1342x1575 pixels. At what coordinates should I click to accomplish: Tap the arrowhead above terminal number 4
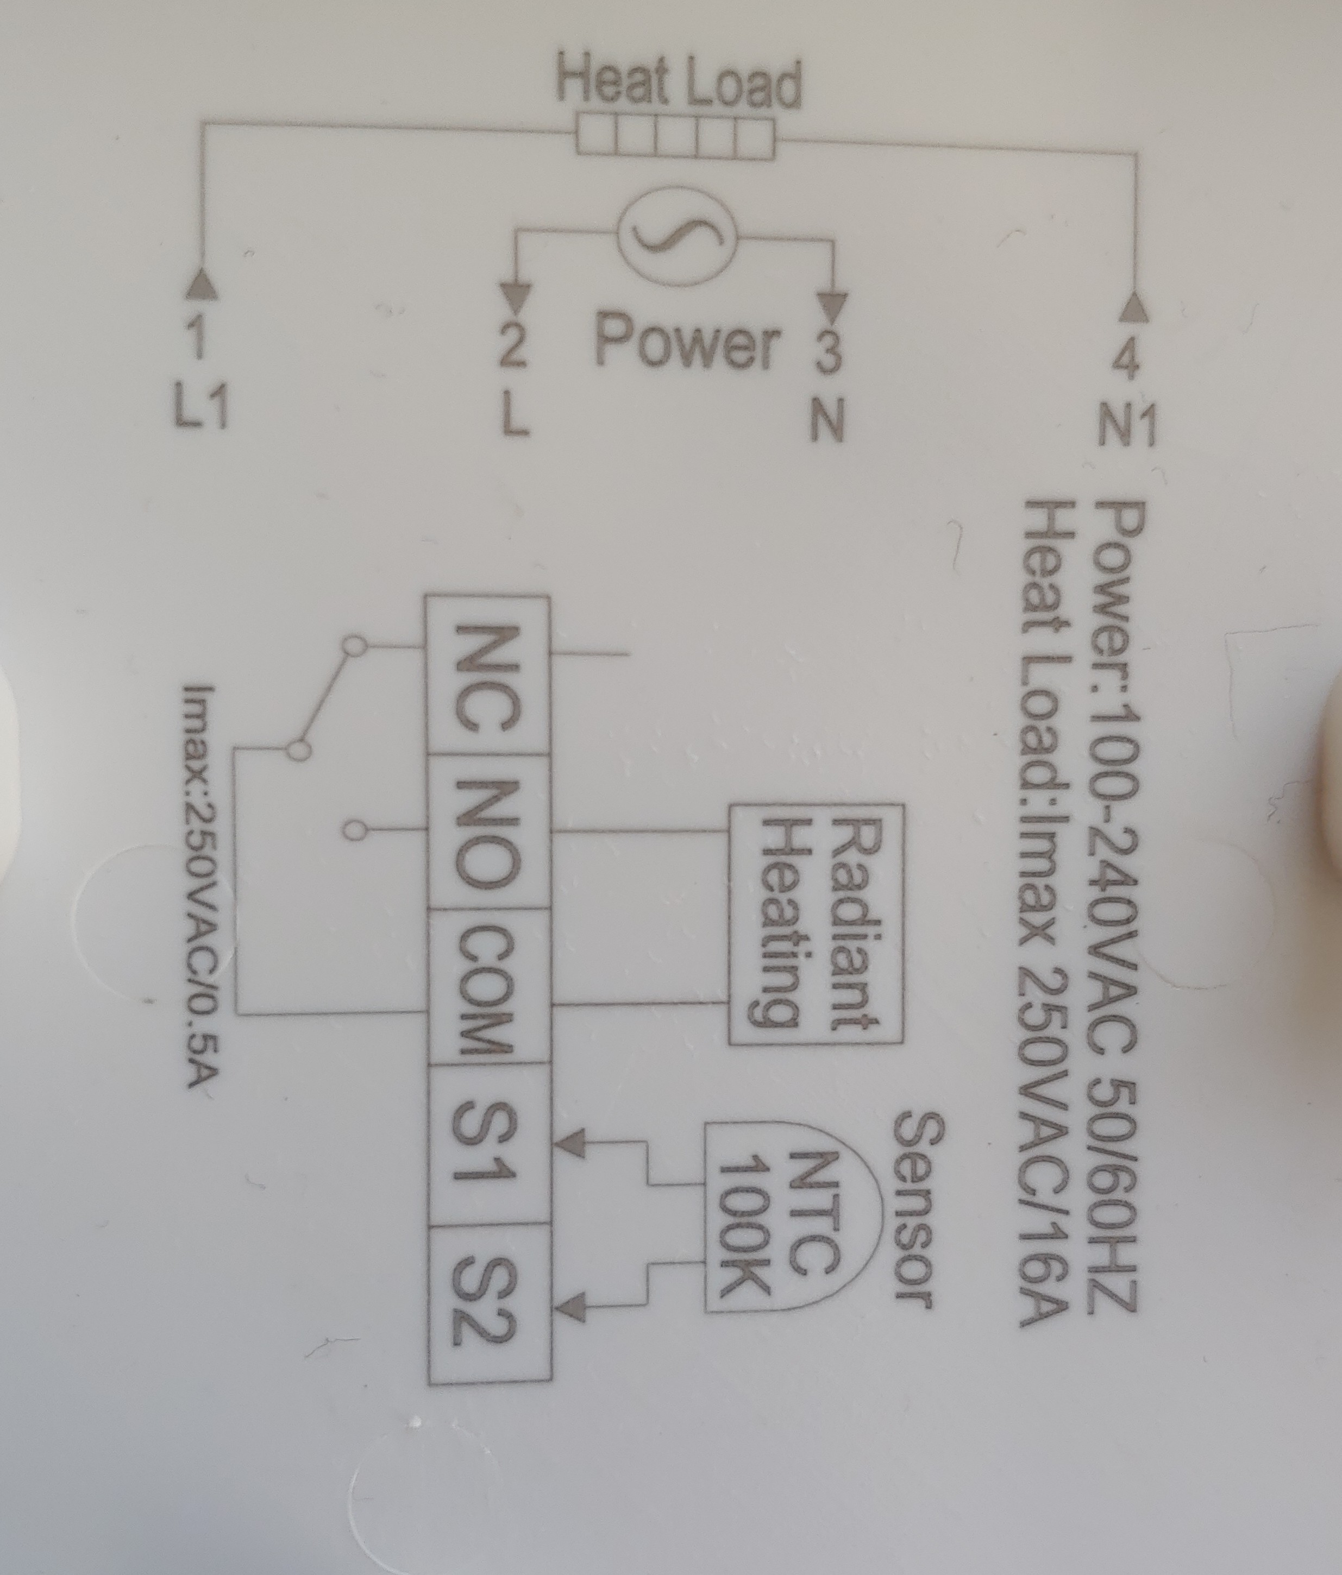[x=1137, y=306]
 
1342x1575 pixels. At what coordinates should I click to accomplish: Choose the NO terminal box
[x=487, y=831]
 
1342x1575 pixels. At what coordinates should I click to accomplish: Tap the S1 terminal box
[x=487, y=1144]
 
